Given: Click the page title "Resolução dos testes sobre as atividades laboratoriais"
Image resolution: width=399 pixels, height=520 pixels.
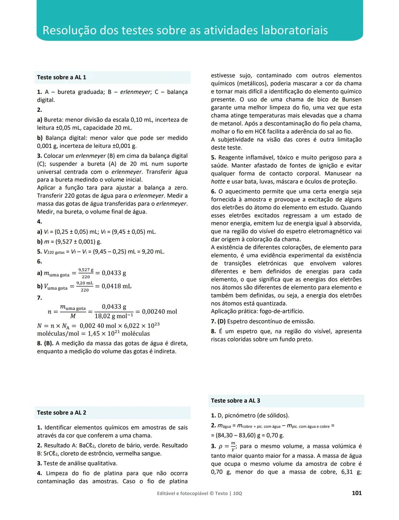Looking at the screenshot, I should coord(185,30).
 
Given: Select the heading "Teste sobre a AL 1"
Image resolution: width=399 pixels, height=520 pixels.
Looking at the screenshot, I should coord(61,77).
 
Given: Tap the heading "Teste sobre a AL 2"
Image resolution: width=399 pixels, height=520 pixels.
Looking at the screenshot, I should coord(61,413).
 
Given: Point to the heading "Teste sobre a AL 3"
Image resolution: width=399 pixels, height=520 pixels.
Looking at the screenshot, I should coord(235,400).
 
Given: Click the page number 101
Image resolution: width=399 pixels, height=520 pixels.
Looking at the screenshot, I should coord(357,493).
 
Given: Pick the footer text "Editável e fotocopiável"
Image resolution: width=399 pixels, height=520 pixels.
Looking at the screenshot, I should coord(183,493).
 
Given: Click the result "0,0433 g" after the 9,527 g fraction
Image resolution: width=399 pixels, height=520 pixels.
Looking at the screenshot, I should coord(114,273).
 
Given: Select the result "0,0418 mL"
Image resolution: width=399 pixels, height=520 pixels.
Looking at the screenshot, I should coord(116,286).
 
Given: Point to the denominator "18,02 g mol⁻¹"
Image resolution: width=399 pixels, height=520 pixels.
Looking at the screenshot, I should coord(114,316).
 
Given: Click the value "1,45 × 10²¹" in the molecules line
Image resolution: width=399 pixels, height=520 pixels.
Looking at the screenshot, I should coord(104,333).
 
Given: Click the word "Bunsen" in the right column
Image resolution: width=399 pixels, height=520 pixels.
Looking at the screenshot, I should coord(351,100).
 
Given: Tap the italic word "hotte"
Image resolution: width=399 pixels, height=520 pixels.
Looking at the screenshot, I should coord(218,182).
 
